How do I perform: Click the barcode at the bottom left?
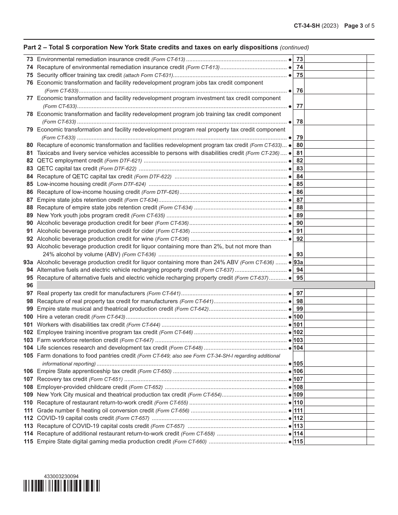[x=62, y=486]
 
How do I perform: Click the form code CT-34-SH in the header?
[x=307, y=26]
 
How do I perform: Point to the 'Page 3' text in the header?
[x=354, y=26]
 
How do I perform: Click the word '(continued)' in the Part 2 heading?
[x=295, y=47]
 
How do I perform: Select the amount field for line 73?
[x=335, y=59]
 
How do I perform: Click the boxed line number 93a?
[x=298, y=262]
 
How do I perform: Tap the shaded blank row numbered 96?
[x=205, y=285]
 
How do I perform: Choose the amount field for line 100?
[x=335, y=317]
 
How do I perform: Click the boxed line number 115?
[x=298, y=442]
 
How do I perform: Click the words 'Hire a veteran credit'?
[x=63, y=317]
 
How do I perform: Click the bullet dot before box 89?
[x=290, y=216]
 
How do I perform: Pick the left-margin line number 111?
[x=28, y=410]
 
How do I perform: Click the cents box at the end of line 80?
[x=370, y=145]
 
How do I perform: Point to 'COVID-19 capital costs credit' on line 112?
[x=75, y=418]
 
